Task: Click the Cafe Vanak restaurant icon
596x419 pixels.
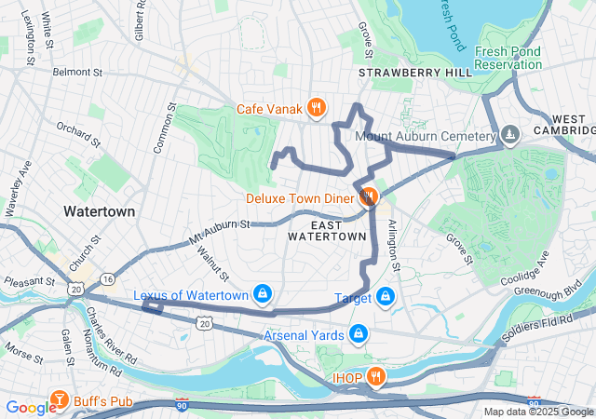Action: [317, 107]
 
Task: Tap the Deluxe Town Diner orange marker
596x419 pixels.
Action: [368, 196]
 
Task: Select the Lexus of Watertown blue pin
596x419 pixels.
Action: [263, 295]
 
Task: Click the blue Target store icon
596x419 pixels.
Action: [386, 297]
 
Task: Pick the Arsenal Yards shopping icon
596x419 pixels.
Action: [359, 333]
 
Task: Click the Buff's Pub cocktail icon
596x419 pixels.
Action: [60, 401]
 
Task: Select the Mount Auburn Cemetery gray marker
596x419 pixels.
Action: [509, 136]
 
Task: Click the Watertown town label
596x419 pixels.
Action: [99, 211]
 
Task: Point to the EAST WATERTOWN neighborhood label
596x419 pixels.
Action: [326, 230]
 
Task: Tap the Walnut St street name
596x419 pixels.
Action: [218, 264]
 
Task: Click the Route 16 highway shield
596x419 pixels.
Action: [108, 278]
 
